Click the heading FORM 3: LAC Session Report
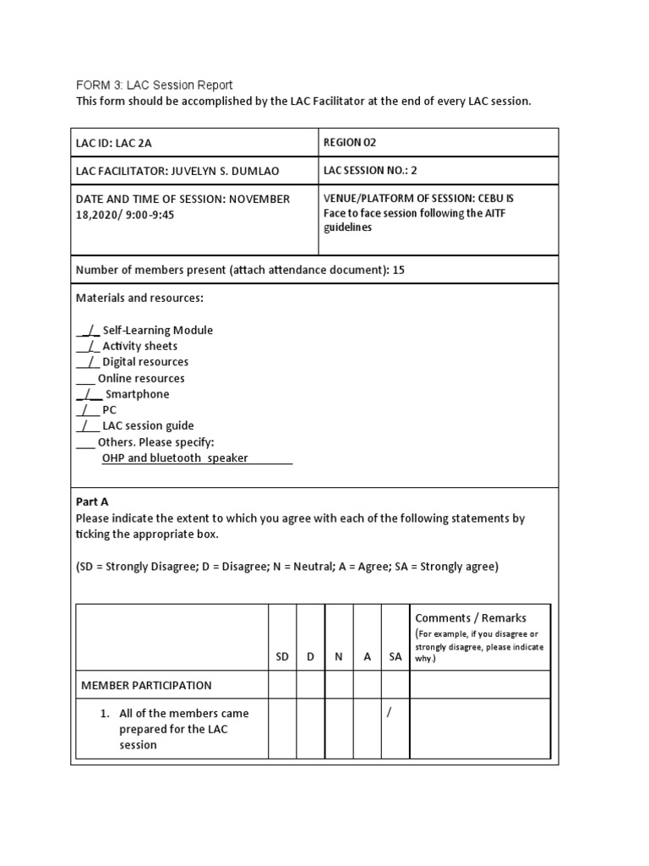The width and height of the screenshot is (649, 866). pyautogui.click(x=154, y=85)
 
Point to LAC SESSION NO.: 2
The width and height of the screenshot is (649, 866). pyautogui.click(x=370, y=170)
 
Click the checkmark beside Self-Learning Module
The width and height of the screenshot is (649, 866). pyautogui.click(x=88, y=331)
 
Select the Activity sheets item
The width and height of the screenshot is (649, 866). pyautogui.click(x=139, y=346)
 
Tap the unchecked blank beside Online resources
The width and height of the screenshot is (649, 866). pyautogui.click(x=85, y=379)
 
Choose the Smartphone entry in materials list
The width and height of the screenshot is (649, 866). pyautogui.click(x=137, y=394)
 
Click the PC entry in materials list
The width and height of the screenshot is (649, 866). pyautogui.click(x=109, y=410)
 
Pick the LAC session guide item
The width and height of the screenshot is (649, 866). pyautogui.click(x=148, y=426)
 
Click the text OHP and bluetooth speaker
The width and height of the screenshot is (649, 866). pyautogui.click(x=176, y=458)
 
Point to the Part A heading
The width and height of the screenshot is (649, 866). pyautogui.click(x=92, y=502)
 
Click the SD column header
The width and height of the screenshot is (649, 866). pyautogui.click(x=282, y=656)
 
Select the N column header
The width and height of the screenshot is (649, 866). pyautogui.click(x=338, y=656)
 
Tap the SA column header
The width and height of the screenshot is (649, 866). pyautogui.click(x=395, y=656)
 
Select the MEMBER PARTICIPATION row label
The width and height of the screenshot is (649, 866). pyautogui.click(x=146, y=685)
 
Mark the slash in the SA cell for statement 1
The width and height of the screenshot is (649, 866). pyautogui.click(x=390, y=713)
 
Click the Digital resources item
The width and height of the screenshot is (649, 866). pyautogui.click(x=145, y=362)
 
